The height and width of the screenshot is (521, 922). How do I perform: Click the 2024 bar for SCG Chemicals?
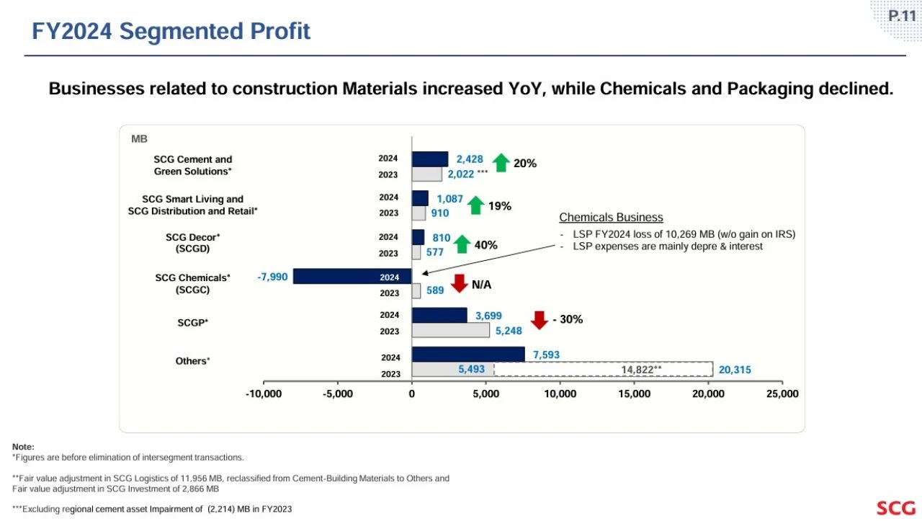(x=352, y=277)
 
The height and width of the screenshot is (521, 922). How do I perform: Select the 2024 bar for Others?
(x=468, y=355)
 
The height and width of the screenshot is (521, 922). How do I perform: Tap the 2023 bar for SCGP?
(x=451, y=330)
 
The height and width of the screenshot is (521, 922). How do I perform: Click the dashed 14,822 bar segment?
(x=604, y=369)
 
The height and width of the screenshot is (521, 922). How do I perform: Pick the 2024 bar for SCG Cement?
(x=430, y=159)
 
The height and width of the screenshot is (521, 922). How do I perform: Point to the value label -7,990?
(x=272, y=277)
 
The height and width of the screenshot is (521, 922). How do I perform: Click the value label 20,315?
(x=735, y=370)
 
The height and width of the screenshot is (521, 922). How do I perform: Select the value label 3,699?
(x=488, y=316)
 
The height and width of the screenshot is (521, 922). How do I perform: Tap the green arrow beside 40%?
(x=462, y=244)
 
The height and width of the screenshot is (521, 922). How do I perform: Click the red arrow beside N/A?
(x=460, y=283)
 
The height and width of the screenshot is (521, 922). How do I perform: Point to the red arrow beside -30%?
(x=540, y=320)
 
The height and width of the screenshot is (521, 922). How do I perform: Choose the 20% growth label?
(x=525, y=164)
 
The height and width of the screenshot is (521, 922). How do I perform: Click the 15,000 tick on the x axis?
(x=635, y=393)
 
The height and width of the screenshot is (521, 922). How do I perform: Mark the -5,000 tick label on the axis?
(x=338, y=393)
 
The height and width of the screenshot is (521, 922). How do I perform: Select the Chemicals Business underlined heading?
(x=612, y=218)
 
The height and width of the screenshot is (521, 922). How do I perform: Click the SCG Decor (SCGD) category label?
(x=192, y=243)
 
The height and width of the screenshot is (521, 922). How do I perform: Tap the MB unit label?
(x=139, y=139)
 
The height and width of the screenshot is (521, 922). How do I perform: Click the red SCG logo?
(x=896, y=508)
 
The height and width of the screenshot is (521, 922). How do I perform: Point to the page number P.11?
(x=902, y=16)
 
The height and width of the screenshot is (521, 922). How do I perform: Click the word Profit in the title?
(x=280, y=31)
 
